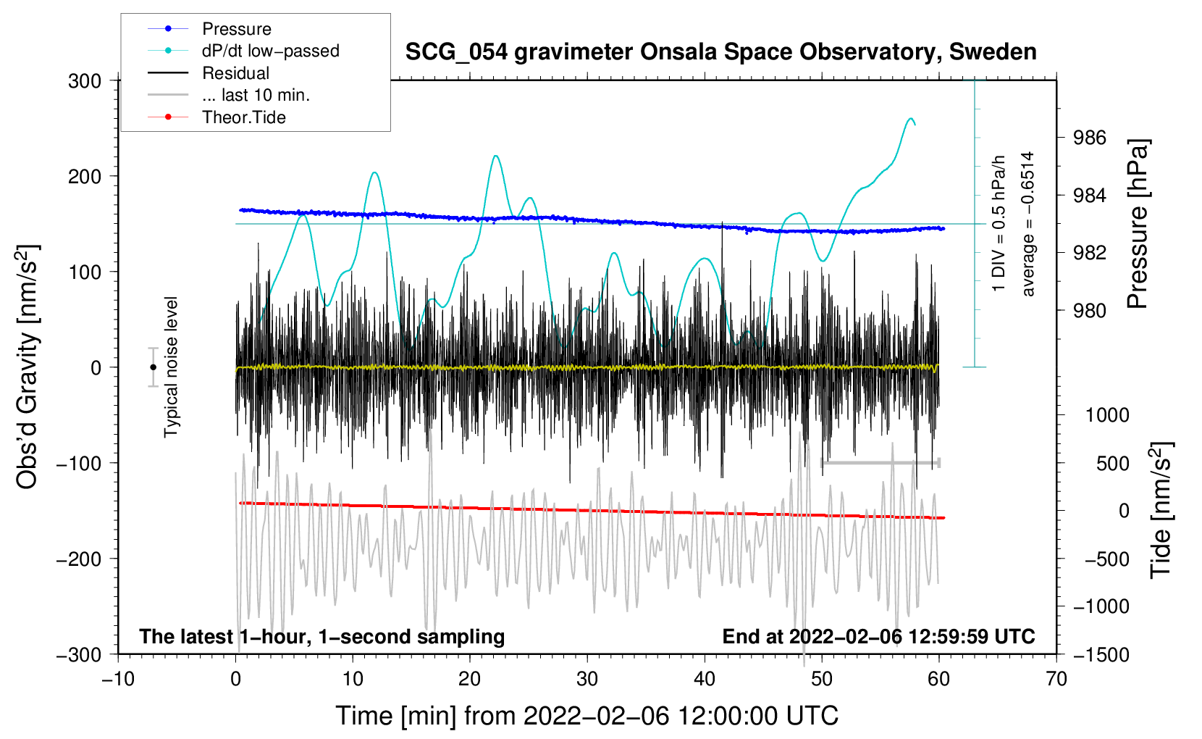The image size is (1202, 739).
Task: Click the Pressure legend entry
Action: pyautogui.click(x=236, y=29)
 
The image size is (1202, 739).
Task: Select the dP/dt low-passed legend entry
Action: pyautogui.click(x=270, y=51)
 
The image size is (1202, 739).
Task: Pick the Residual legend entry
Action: pyautogui.click(x=235, y=73)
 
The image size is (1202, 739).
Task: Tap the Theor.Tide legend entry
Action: pyautogui.click(x=243, y=117)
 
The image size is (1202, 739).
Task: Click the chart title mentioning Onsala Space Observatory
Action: pyautogui.click(x=720, y=52)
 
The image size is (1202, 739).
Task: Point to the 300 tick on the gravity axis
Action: pyautogui.click(x=85, y=81)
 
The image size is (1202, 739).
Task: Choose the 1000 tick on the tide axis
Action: pyautogui.click(x=1106, y=415)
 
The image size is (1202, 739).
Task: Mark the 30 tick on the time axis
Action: pyautogui.click(x=587, y=679)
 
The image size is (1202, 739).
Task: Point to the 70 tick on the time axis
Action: pyautogui.click(x=1056, y=679)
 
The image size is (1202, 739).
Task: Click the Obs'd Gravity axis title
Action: pyautogui.click(x=28, y=367)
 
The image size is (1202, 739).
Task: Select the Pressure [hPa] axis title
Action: pyautogui.click(x=1138, y=225)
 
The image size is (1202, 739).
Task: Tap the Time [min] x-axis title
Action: pyautogui.click(x=587, y=716)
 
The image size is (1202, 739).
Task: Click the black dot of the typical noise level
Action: pyautogui.click(x=153, y=367)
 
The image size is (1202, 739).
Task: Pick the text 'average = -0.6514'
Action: pyautogui.click(x=1028, y=225)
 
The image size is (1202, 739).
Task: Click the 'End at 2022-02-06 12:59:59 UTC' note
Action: pyautogui.click(x=878, y=637)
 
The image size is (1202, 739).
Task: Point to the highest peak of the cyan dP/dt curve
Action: pyautogui.click(x=910, y=119)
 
